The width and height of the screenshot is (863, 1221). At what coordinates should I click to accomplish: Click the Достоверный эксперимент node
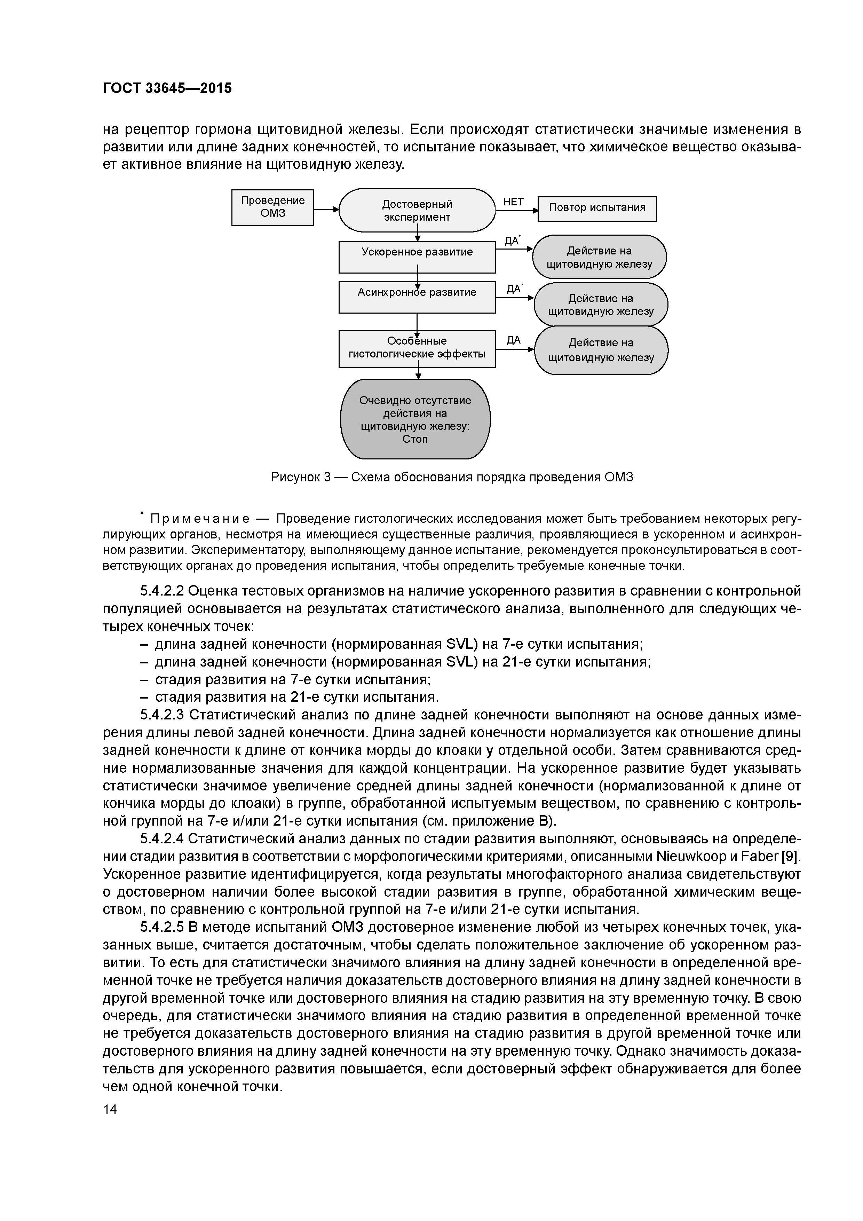click(417, 211)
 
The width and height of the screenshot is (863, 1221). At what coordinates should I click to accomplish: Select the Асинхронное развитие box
click(417, 297)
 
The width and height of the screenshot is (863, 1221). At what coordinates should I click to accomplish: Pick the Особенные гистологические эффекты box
click(417, 348)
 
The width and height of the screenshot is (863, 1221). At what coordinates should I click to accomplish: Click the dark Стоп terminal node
click(415, 419)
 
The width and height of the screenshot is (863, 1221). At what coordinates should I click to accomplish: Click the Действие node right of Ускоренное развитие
click(599, 257)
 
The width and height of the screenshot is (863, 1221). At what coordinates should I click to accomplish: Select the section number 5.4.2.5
click(162, 927)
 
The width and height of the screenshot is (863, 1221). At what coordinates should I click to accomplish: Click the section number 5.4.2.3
click(162, 715)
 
